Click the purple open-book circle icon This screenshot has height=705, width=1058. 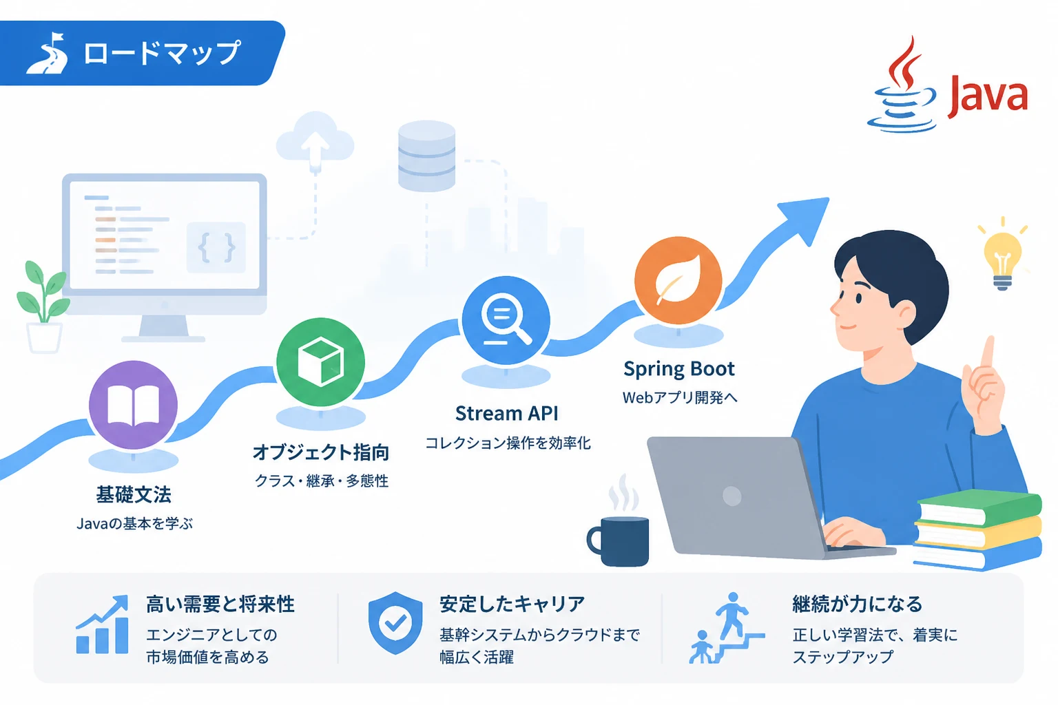pos(133,405)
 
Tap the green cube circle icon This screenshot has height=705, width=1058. pos(321,362)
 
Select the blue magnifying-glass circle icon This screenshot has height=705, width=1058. pos(506,320)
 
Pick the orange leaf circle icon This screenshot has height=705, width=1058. pos(678,280)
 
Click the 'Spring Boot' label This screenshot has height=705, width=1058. pos(678,369)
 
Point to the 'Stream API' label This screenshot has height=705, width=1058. pos(507,413)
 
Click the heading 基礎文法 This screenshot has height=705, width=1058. pos(134,494)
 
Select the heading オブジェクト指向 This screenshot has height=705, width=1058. pos(321,452)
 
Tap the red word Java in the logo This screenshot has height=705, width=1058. pos(988,97)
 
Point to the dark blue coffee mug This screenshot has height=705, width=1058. pos(619,541)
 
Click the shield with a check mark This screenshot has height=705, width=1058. pos(395,623)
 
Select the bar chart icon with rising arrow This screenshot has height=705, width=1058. pos(102,624)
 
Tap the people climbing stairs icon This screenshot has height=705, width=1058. pos(725,628)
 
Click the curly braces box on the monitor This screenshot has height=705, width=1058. pos(216,247)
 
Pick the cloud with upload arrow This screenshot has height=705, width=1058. pos(315,139)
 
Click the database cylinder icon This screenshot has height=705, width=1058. pos(426,156)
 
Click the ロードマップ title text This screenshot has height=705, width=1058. pos(162,52)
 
